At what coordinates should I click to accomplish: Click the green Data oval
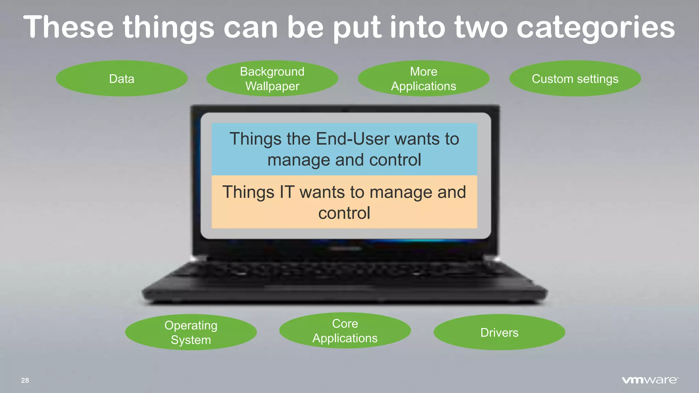tap(122, 78)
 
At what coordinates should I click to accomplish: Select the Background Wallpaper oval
tap(272, 78)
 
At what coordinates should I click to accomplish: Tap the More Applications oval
tap(424, 78)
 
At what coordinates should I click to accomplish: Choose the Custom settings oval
tap(575, 78)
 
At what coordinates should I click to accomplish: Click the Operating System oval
tap(191, 332)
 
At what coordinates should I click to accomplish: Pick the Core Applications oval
tap(345, 331)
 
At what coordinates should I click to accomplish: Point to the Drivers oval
tap(499, 332)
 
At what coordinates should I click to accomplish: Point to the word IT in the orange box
tap(287, 192)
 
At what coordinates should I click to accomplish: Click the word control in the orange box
tap(344, 213)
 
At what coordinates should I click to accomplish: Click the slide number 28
tap(25, 380)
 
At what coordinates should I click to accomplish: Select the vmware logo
tap(650, 380)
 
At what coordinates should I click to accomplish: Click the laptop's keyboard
tap(345, 273)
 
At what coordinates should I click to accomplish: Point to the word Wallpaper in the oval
tap(272, 86)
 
